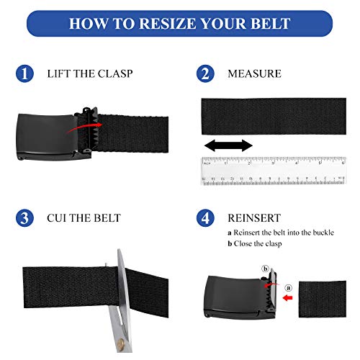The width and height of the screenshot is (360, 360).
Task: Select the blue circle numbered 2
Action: coord(206,73)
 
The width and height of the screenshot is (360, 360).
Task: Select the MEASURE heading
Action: coord(253,74)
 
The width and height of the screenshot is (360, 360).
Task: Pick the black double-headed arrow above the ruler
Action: coord(228,146)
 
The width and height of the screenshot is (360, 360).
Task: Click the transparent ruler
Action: coord(273,171)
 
